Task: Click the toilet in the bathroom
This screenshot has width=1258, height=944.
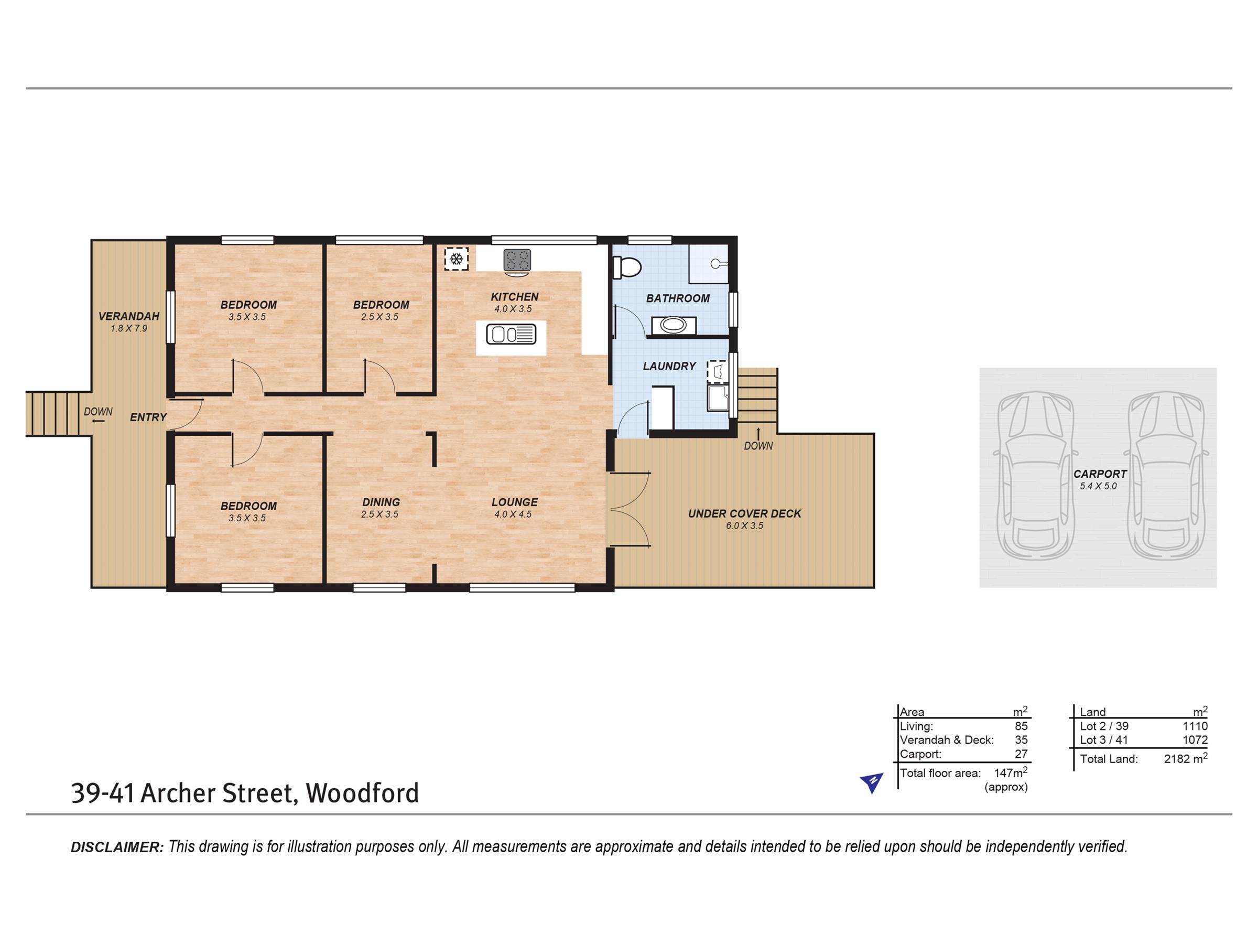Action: (626, 267)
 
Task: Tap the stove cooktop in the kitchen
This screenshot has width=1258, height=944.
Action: (517, 261)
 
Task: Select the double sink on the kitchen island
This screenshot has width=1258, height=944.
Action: (511, 334)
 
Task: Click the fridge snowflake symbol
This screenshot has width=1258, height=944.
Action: (456, 259)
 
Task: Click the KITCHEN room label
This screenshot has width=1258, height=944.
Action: (515, 297)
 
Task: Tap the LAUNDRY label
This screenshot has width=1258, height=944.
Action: (669, 367)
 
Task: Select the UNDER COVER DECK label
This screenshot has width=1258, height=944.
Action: (744, 514)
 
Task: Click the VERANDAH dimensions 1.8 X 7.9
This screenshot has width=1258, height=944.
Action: (129, 328)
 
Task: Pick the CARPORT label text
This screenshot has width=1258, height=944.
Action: (1100, 474)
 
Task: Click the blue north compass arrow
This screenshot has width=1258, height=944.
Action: (871, 782)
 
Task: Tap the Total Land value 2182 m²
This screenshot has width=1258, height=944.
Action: (1186, 758)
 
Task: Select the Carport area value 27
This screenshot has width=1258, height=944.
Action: (1022, 754)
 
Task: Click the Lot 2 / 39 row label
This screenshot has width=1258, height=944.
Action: (1104, 726)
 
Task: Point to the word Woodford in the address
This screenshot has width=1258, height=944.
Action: (363, 793)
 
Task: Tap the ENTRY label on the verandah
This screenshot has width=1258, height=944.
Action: (148, 417)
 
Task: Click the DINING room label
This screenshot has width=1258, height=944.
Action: (381, 502)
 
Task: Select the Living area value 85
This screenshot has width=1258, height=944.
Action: (1022, 726)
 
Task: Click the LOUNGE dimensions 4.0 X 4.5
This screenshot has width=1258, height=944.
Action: (513, 514)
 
